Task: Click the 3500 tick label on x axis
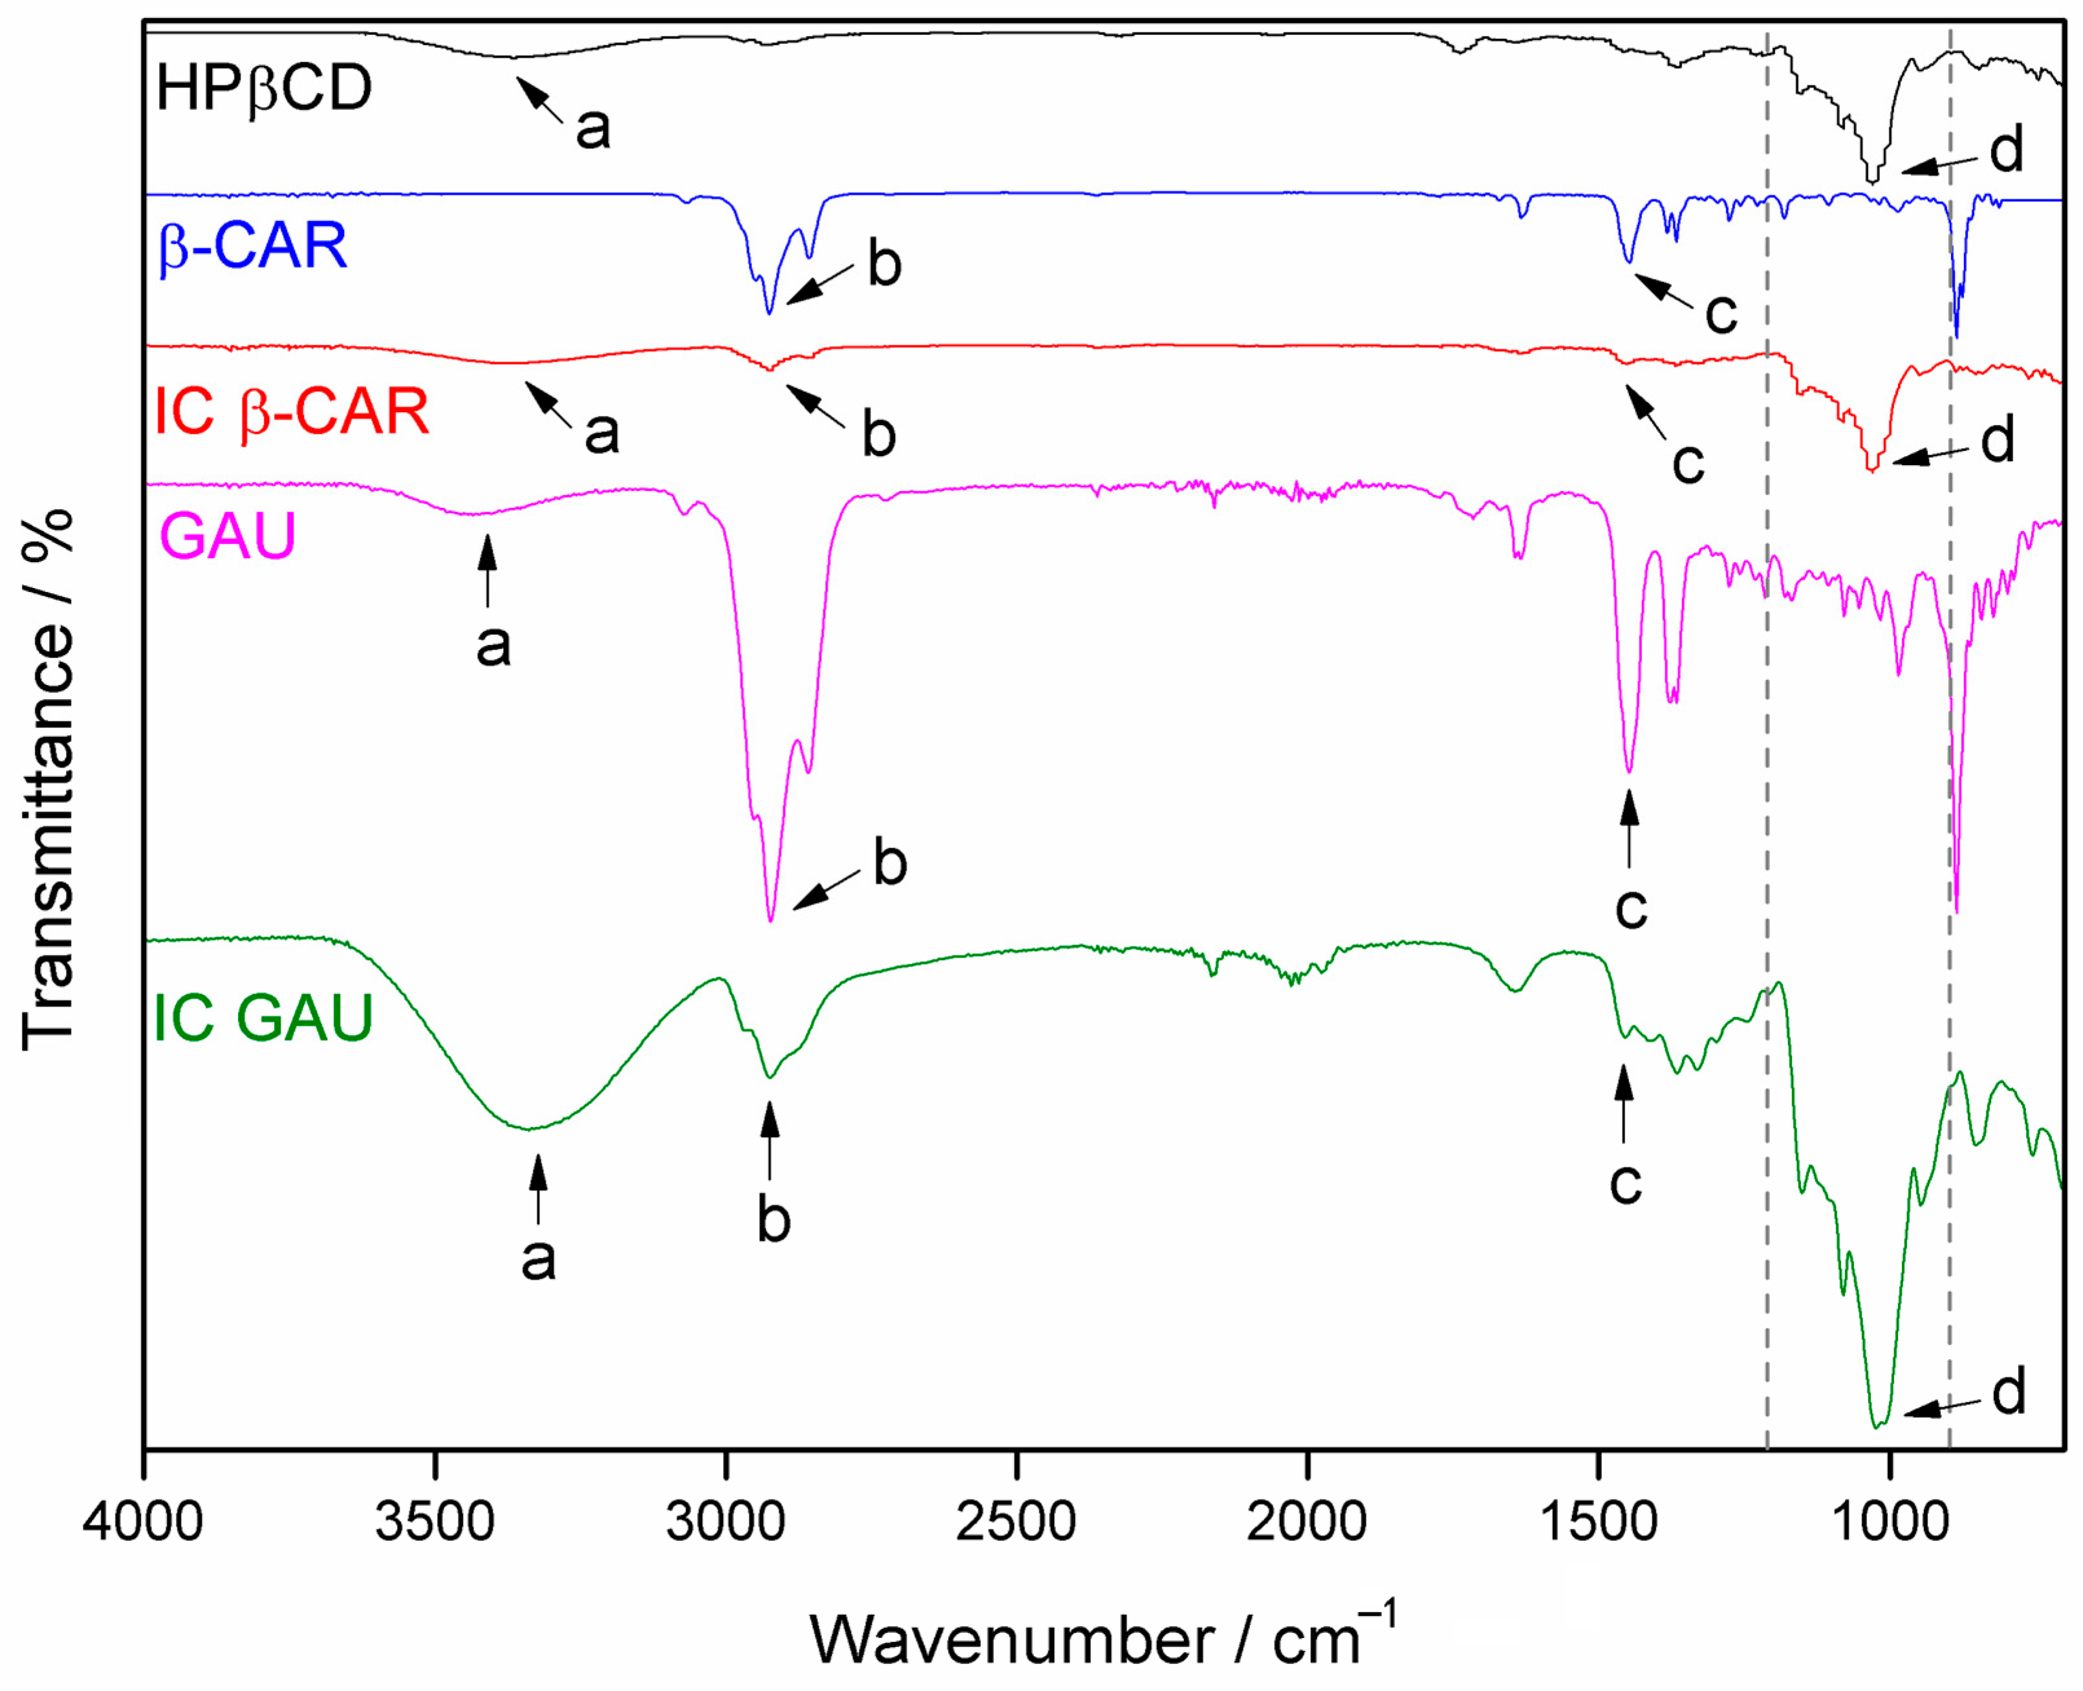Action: point(435,1520)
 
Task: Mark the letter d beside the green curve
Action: point(2008,1393)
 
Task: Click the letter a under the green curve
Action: point(537,1260)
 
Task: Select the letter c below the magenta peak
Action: point(1631,908)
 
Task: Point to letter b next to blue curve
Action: point(884,265)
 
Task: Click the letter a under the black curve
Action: point(593,127)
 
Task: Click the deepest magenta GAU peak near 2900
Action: point(770,919)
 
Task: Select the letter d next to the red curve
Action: point(1997,441)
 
